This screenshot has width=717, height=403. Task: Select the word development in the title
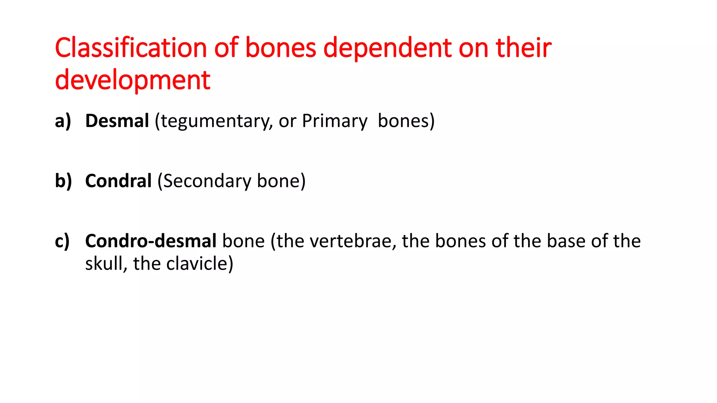coord(133,80)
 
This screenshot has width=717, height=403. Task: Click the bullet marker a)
coord(63,121)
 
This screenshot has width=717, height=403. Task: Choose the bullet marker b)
coord(63,181)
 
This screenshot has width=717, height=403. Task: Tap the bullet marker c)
coord(62,241)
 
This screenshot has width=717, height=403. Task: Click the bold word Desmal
coord(117,121)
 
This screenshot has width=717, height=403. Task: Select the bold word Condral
coord(118,181)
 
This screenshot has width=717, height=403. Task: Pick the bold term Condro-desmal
coord(151,241)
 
